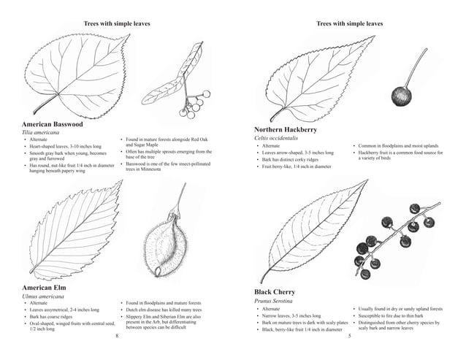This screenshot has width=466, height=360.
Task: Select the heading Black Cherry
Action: click(275, 292)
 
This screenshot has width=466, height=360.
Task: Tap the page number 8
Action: click(117, 337)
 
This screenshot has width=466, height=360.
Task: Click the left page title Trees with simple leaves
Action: click(117, 24)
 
